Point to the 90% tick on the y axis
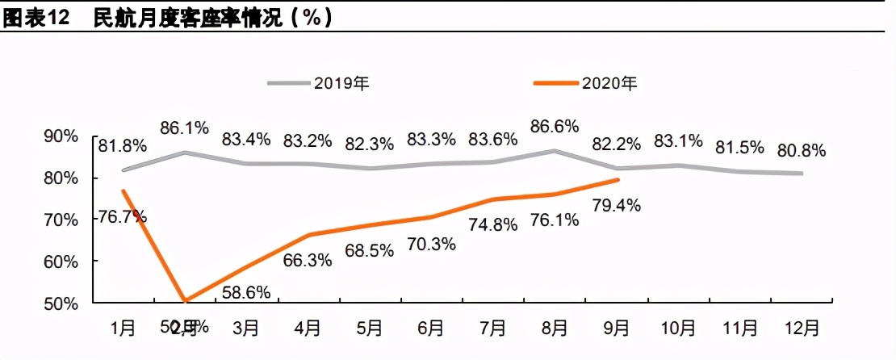pyautogui.click(x=61, y=136)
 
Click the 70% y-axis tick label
pyautogui.click(x=61, y=220)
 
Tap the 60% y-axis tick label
pyautogui.click(x=61, y=262)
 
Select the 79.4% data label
pyautogui.click(x=617, y=205)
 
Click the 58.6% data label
pyautogui.click(x=245, y=291)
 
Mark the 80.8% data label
pyautogui.click(x=802, y=150)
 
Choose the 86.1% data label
pyautogui.click(x=185, y=127)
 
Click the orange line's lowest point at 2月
pyautogui.click(x=186, y=301)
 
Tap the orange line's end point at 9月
pyautogui.click(x=618, y=180)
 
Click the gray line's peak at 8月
pyautogui.click(x=555, y=150)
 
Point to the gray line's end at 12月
pyautogui.click(x=802, y=173)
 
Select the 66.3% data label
pyautogui.click(x=308, y=260)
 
